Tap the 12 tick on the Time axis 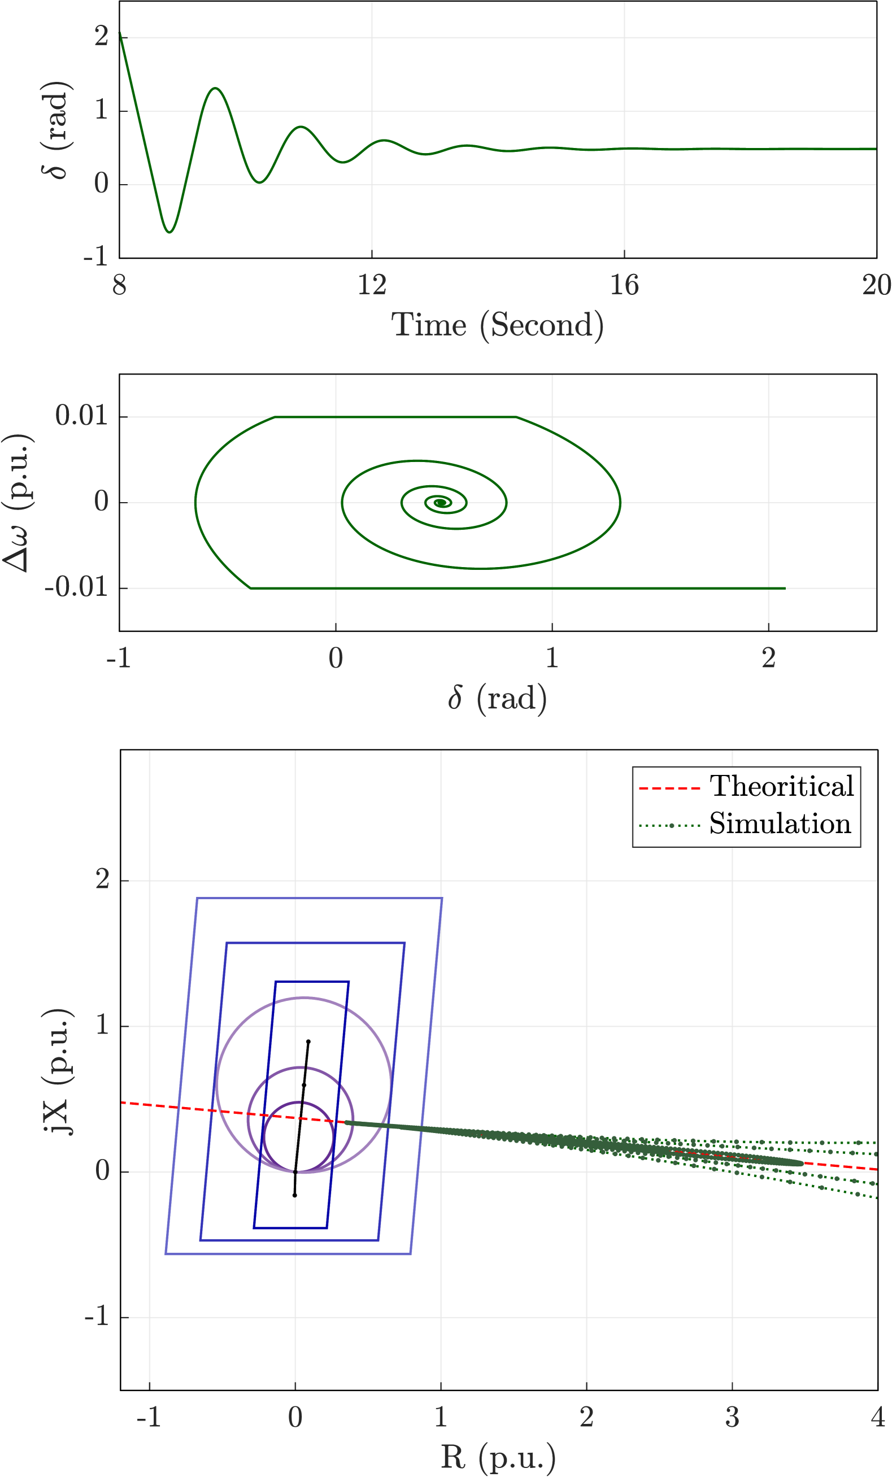372,285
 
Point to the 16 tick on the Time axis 624,285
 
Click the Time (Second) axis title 497,325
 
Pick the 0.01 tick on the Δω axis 82,416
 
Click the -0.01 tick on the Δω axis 77,587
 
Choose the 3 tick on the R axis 732,1418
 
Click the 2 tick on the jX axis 102,880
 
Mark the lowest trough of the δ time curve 169,232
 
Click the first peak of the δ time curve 215,88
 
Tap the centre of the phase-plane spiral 441,503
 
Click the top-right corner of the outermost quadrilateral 442,898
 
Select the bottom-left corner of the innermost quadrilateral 254,1228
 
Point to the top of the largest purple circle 304,997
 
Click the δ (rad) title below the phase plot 497,699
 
